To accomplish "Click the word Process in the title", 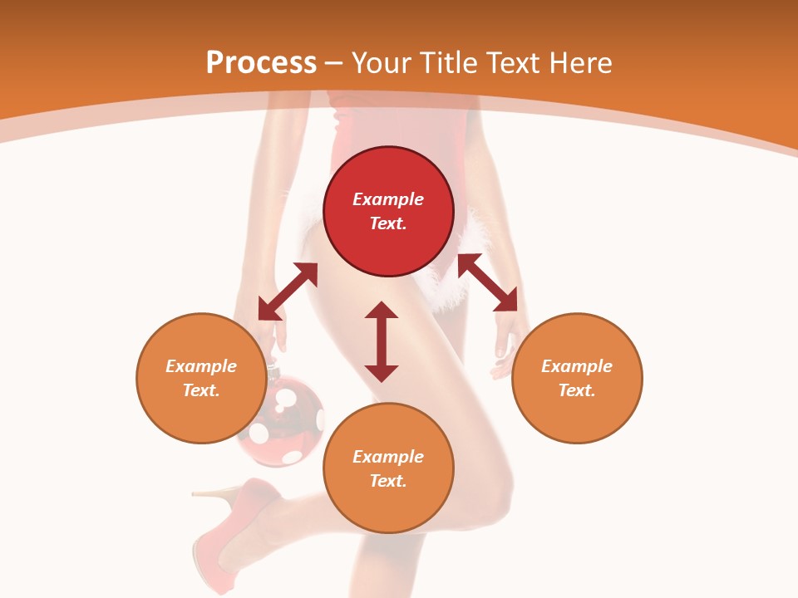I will pyautogui.click(x=261, y=63).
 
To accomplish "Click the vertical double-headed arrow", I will pyautogui.click(x=382, y=341).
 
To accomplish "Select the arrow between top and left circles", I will pyautogui.click(x=288, y=292).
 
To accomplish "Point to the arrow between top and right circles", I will pyautogui.click(x=488, y=282).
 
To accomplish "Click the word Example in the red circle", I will pyautogui.click(x=388, y=199).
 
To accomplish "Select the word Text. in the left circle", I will pyautogui.click(x=201, y=390).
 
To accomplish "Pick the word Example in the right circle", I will pyautogui.click(x=577, y=366).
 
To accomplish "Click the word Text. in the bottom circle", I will pyautogui.click(x=388, y=481).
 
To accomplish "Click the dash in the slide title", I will pyautogui.click(x=334, y=63).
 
